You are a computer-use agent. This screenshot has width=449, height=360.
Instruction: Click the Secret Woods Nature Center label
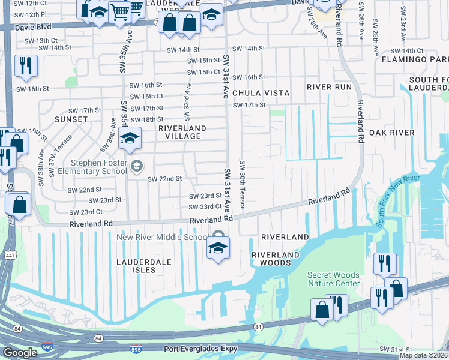click(334, 279)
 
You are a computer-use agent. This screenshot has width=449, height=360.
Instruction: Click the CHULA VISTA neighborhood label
click(261, 93)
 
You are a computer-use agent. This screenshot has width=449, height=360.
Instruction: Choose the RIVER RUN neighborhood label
click(328, 86)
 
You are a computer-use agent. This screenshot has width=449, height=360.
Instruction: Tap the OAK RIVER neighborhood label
click(391, 132)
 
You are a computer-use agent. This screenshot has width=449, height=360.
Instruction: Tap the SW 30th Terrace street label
click(242, 185)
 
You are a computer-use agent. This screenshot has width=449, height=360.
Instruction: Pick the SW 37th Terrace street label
click(59, 154)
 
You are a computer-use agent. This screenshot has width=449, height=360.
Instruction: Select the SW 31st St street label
click(394, 349)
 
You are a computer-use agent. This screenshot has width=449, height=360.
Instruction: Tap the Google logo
click(20, 352)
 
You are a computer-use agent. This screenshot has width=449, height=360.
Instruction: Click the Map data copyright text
click(423, 355)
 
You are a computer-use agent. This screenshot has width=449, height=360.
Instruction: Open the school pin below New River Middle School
click(218, 248)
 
